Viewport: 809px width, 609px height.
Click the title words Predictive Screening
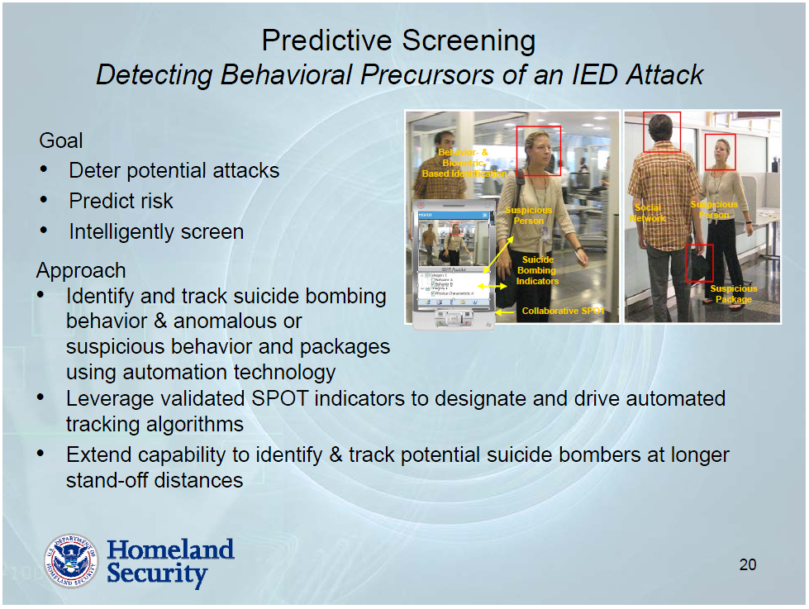(x=398, y=40)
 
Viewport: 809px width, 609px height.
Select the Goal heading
(x=61, y=140)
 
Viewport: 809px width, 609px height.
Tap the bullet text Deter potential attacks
(x=174, y=171)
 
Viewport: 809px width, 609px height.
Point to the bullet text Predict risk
(x=121, y=201)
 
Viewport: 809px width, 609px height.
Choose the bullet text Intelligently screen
(x=156, y=231)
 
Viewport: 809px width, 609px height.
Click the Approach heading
(x=81, y=271)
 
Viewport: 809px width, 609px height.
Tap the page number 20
(x=747, y=565)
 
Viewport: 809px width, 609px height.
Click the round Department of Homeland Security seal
(x=70, y=561)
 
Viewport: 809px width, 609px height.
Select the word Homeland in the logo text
(x=170, y=550)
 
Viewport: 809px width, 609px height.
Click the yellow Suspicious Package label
(x=734, y=294)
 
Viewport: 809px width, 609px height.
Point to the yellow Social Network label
(x=648, y=213)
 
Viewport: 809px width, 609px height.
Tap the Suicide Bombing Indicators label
(x=538, y=270)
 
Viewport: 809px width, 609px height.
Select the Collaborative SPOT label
(x=564, y=312)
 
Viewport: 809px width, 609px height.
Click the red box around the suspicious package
(x=699, y=263)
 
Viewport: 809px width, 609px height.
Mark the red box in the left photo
(x=538, y=150)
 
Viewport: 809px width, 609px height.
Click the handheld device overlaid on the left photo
(x=454, y=264)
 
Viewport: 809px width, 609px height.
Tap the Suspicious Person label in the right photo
(x=714, y=210)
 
